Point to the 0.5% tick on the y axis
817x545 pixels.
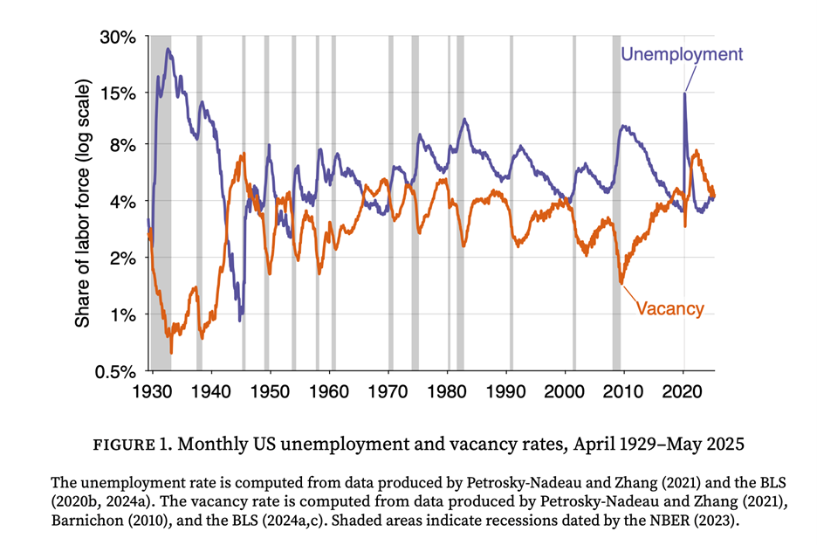pos(118,370)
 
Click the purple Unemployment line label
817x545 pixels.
pos(681,54)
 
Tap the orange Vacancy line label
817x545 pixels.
pos(669,307)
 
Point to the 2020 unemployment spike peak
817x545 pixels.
pos(684,93)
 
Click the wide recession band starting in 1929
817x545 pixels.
pos(161,201)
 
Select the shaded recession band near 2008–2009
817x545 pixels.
pos(616,201)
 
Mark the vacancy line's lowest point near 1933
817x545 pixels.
pos(171,352)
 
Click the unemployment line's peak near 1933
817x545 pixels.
pos(168,49)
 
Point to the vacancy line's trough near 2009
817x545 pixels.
pos(621,282)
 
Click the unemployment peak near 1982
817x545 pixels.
pos(464,120)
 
